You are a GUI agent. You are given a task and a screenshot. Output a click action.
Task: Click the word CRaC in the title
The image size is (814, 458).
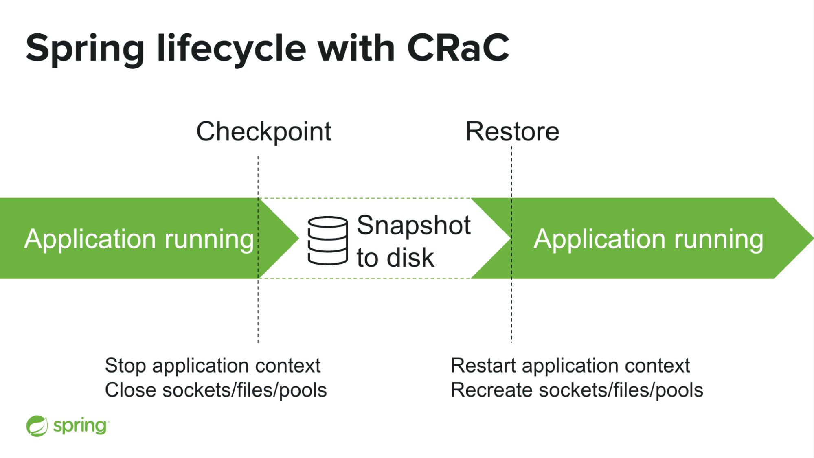tap(458, 48)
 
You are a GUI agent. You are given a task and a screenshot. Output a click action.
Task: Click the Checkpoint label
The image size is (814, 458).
tap(264, 131)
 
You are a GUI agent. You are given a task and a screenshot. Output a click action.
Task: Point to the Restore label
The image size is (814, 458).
tap(512, 131)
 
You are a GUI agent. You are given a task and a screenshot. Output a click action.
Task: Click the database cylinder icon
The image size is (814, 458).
tap(327, 241)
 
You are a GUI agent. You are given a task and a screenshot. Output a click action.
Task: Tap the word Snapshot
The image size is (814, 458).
tap(414, 225)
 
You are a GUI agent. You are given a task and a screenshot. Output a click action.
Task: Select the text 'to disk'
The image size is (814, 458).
tap(395, 258)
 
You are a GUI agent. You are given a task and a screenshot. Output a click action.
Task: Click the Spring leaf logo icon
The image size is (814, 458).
tap(37, 426)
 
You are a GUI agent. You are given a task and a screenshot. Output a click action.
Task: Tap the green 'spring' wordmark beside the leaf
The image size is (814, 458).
tap(80, 426)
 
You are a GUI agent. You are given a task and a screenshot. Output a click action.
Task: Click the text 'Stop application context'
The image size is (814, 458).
tap(213, 365)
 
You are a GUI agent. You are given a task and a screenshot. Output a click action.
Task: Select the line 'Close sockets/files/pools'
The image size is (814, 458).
tap(216, 390)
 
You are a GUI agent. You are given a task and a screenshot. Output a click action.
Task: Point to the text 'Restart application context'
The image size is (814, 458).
tap(570, 365)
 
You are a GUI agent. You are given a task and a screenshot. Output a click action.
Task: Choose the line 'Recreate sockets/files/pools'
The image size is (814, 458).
tap(577, 390)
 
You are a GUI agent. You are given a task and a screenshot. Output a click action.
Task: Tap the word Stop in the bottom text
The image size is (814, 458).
tap(125, 365)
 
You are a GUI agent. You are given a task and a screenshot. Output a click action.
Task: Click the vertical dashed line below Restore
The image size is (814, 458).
tap(511, 309)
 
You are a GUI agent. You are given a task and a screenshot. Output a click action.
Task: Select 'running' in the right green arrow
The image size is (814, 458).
tap(719, 239)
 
